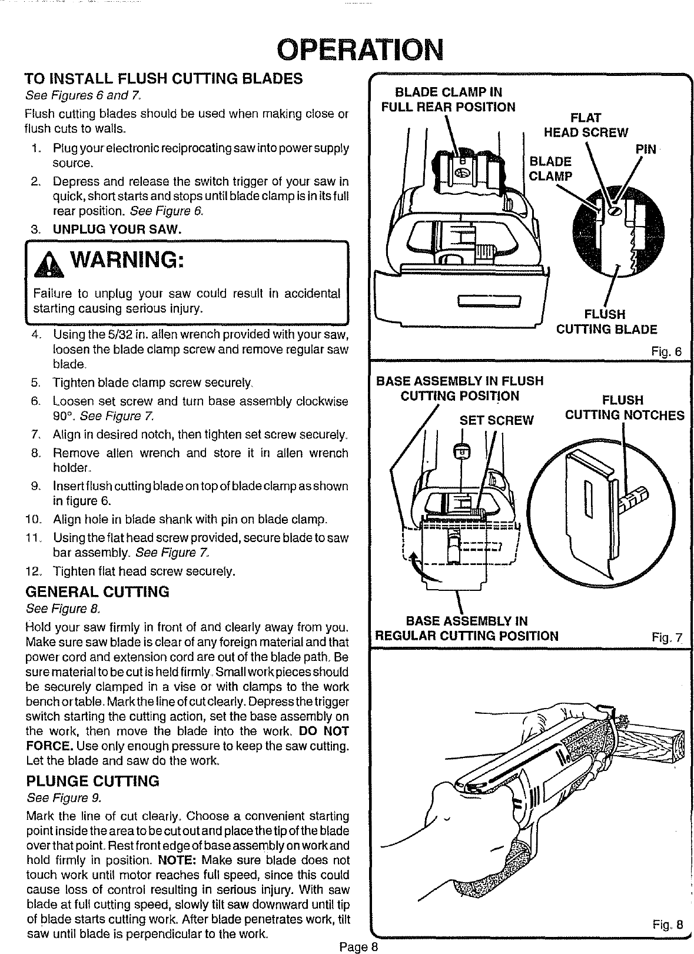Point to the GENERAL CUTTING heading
pyautogui.click(x=98, y=591)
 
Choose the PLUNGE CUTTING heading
pyautogui.click(x=93, y=782)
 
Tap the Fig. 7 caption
pyautogui.click(x=666, y=637)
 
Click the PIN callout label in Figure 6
pyautogui.click(x=646, y=149)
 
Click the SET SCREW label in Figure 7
pyautogui.click(x=496, y=420)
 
